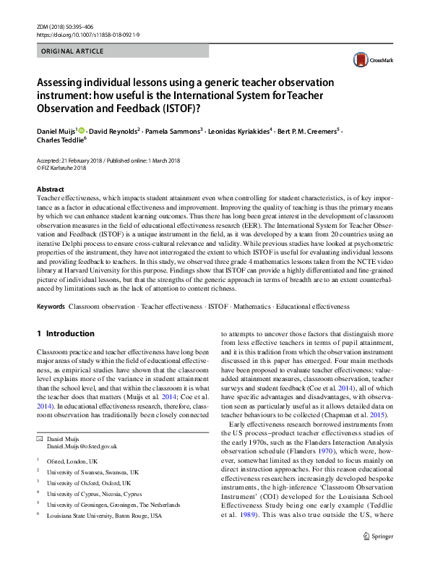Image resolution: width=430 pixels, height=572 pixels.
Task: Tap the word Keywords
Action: [51, 307]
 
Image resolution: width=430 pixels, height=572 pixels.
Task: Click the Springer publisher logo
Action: [379, 557]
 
